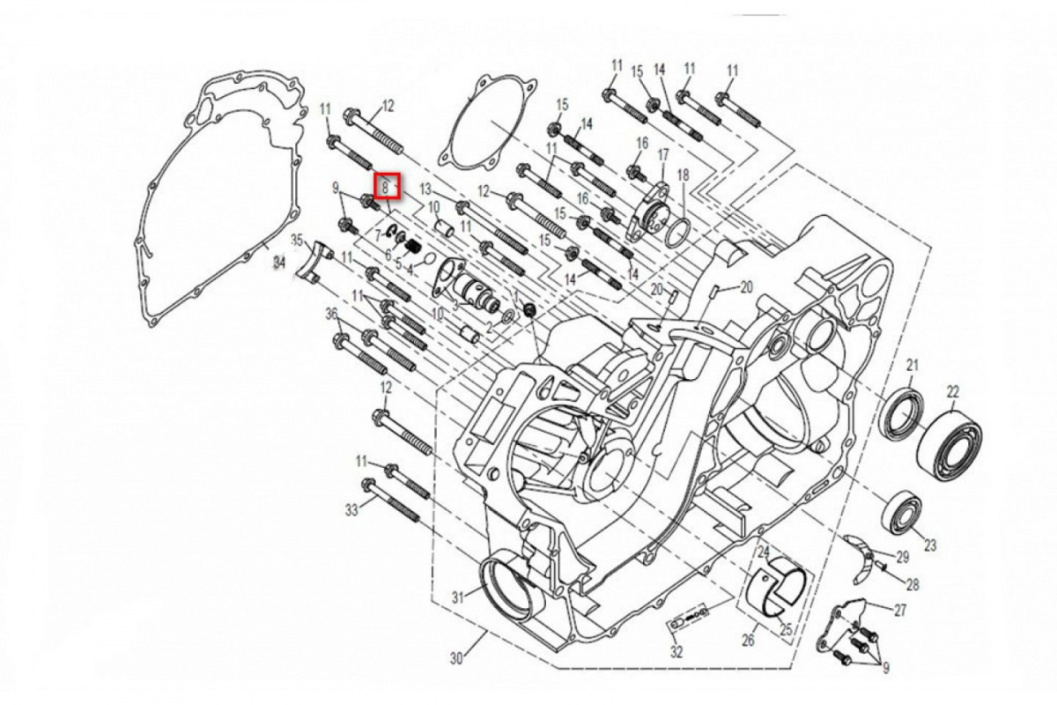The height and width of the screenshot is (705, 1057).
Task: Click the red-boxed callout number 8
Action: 386,186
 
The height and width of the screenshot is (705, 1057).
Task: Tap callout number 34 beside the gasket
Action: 278,263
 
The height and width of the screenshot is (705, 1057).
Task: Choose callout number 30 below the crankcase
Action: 455,658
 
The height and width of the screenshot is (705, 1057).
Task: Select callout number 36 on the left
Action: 332,315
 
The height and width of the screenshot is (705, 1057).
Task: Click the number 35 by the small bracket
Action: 297,240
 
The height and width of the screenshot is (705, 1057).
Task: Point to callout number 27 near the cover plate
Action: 900,610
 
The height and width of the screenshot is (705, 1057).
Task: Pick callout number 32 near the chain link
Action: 676,653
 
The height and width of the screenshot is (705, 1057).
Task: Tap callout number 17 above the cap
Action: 663,155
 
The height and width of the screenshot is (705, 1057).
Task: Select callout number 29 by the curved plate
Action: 902,557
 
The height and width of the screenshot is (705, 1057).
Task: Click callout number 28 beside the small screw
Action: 913,584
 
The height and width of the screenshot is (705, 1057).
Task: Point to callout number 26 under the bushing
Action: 750,641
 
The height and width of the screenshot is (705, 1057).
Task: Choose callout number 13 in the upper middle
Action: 425,189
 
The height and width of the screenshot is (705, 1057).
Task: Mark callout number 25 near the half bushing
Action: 787,630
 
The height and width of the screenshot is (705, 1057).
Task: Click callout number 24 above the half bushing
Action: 764,552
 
